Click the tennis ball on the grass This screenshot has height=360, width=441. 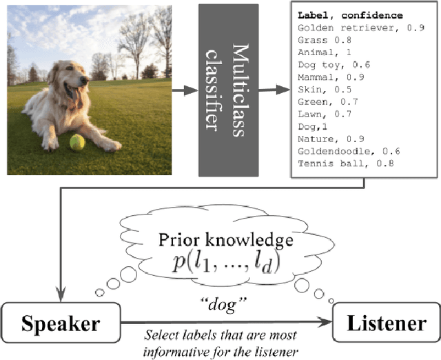coord(77,143)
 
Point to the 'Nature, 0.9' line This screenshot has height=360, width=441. coord(327,139)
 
